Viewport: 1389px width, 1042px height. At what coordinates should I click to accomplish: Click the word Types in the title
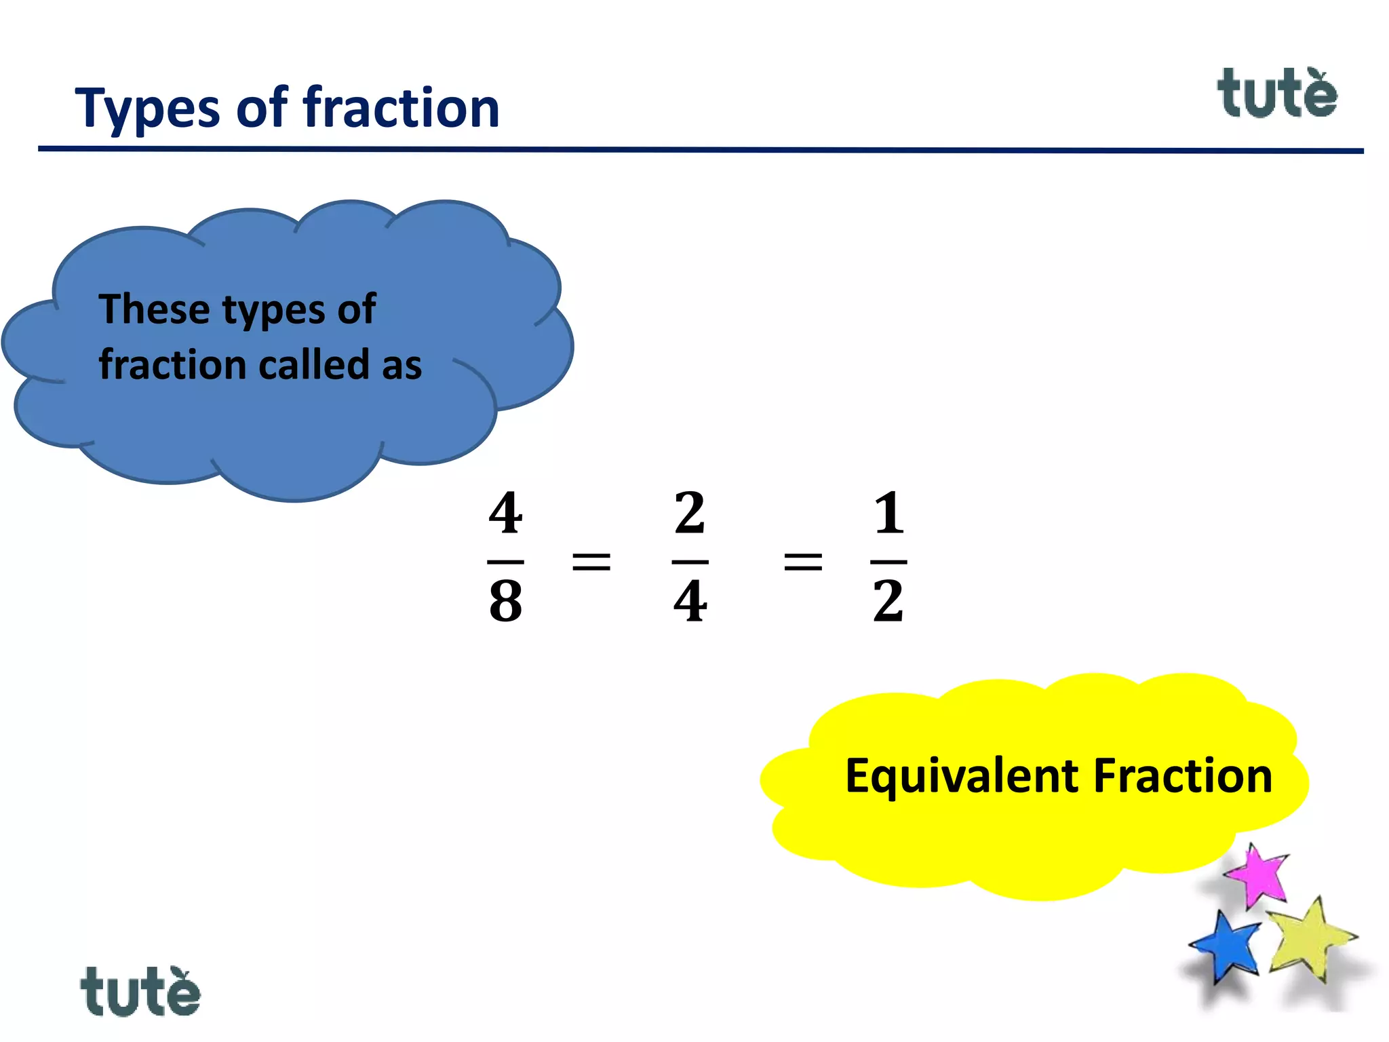147,109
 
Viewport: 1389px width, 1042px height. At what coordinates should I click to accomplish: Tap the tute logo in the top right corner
1276,94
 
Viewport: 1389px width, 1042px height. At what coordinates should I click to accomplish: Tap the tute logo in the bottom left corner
140,992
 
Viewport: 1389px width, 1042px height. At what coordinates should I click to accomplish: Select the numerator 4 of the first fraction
505,514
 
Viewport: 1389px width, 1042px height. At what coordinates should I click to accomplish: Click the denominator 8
505,602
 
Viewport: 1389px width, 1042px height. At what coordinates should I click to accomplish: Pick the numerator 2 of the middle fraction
690,514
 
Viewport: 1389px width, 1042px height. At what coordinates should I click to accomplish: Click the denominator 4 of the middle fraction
690,602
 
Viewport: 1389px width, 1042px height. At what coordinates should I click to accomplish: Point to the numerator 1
888,514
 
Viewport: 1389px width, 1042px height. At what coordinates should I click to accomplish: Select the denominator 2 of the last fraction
888,602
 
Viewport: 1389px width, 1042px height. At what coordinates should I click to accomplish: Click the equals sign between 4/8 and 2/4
591,562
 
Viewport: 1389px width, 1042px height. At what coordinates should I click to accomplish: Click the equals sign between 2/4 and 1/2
803,562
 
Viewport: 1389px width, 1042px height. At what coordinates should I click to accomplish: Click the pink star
1259,876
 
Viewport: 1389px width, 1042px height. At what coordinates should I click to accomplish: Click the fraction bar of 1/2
888,562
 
